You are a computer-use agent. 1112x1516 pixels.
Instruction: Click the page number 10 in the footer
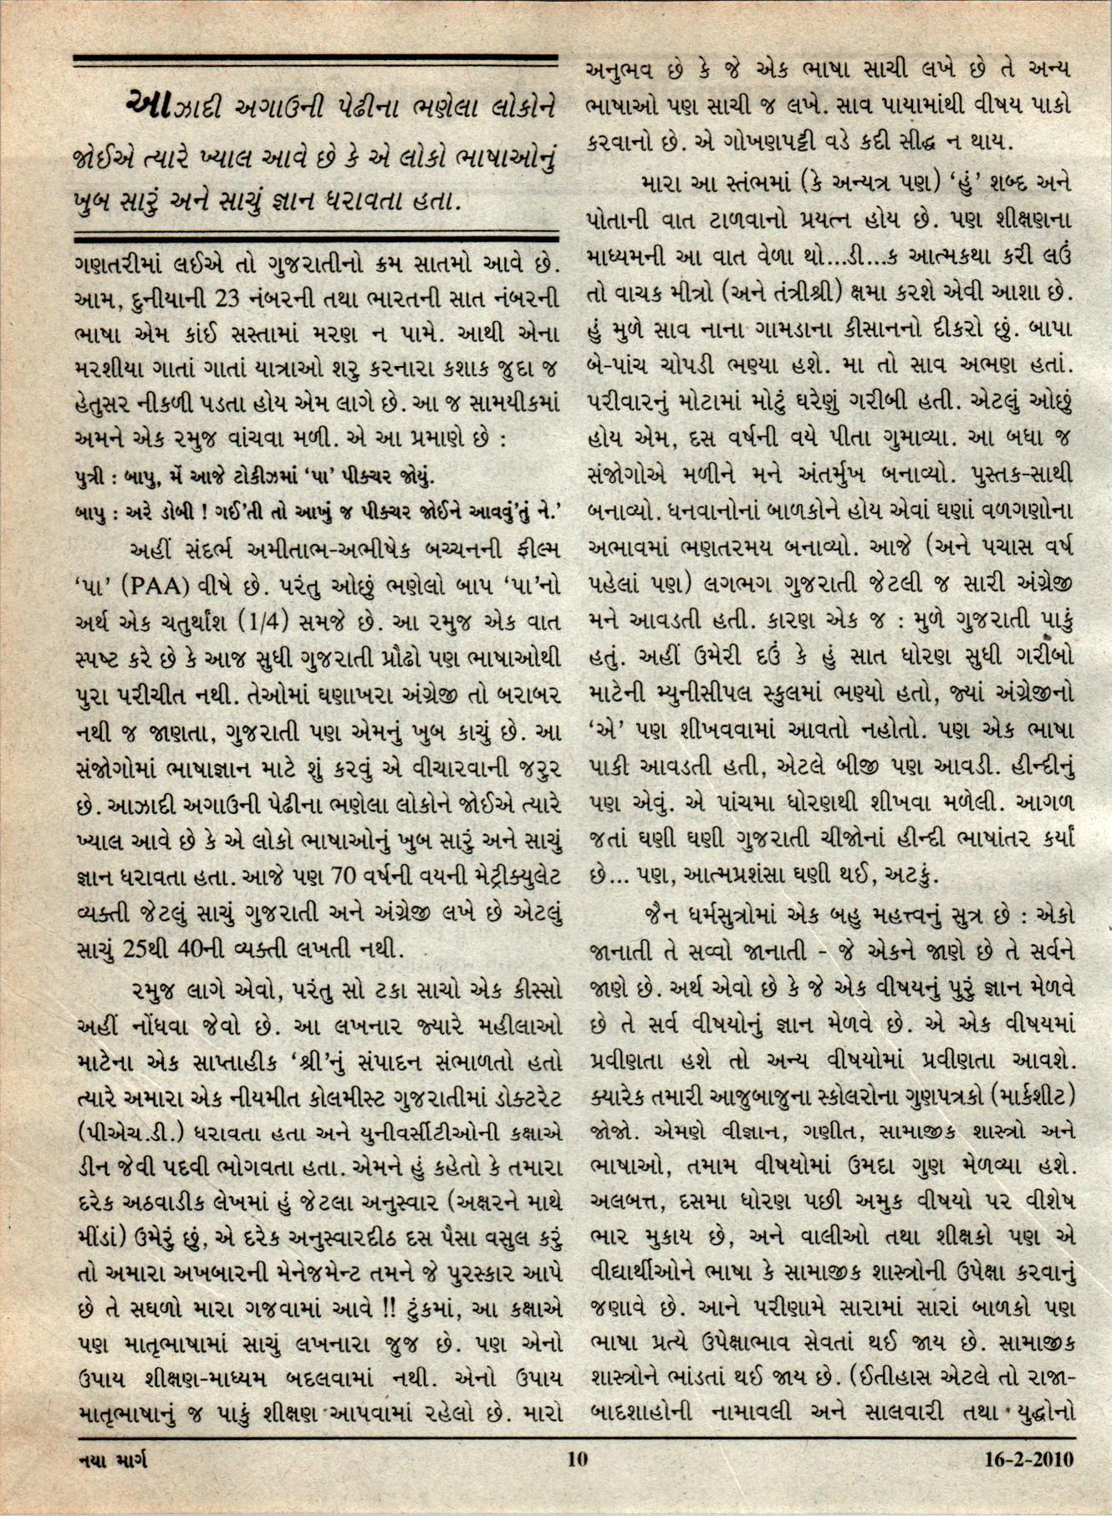coord(577,1460)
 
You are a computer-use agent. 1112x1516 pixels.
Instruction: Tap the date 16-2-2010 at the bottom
coord(1023,1460)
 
